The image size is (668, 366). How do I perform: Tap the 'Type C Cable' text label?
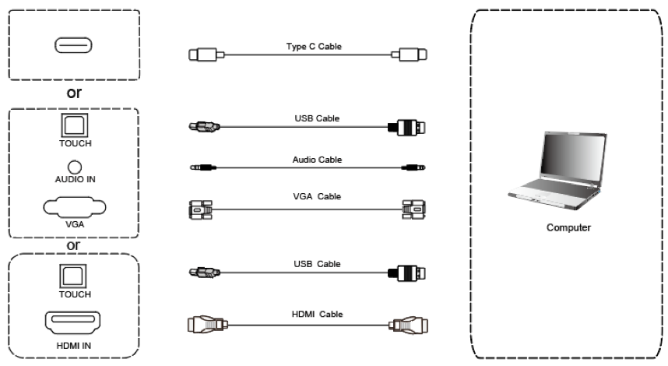[x=314, y=47]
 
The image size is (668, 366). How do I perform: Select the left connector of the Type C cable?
[x=206, y=55]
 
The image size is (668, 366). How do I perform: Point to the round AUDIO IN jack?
[x=75, y=167]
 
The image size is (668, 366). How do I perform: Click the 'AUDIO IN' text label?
[x=75, y=179]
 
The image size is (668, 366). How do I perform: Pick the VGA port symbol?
[x=74, y=207]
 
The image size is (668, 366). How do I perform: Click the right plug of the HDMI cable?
[x=408, y=326]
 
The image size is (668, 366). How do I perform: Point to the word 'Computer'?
[x=570, y=228]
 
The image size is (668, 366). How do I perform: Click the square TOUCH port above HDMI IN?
[x=75, y=276]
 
